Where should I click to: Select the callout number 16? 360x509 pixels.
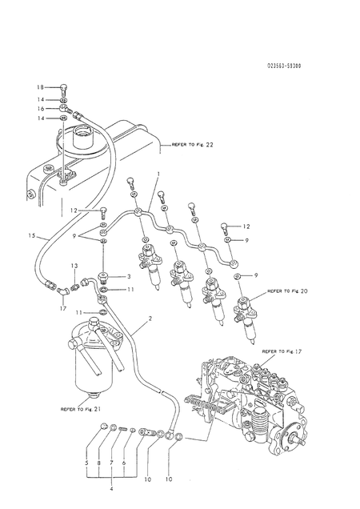pyautogui.click(x=40, y=107)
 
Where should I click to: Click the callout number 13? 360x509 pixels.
pyautogui.click(x=74, y=265)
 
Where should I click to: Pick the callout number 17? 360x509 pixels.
pyautogui.click(x=62, y=303)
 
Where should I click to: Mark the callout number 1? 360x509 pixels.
pyautogui.click(x=158, y=174)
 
